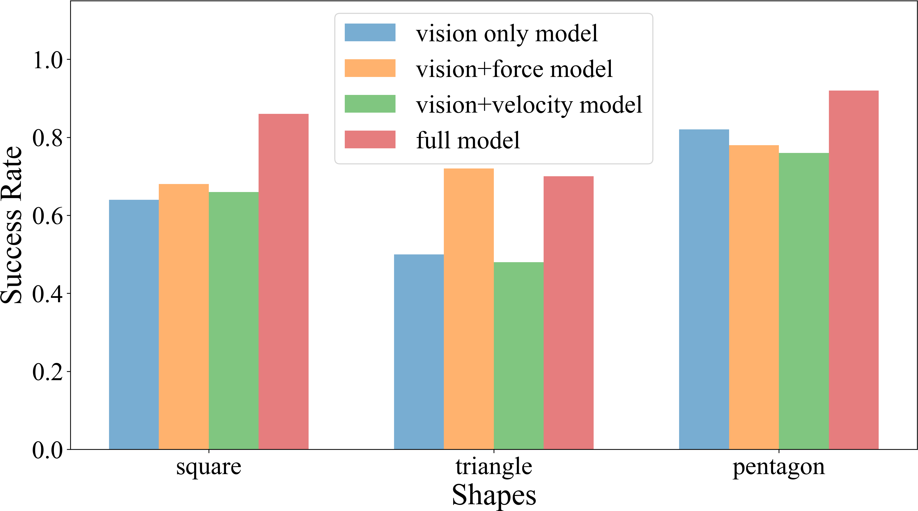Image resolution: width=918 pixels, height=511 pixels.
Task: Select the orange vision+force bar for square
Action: coord(184,317)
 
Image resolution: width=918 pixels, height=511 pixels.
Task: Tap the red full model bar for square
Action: coord(284,282)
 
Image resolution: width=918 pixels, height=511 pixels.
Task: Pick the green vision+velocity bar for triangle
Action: coord(519,356)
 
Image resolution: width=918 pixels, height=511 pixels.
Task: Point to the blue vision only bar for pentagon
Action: coord(704,289)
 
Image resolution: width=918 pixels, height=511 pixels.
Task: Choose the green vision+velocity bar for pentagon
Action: coord(804,301)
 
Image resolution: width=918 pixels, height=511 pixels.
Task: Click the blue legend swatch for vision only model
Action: coord(370,33)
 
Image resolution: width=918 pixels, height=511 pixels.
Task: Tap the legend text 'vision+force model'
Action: coord(514,69)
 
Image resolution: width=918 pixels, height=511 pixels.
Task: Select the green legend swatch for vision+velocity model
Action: coord(370,104)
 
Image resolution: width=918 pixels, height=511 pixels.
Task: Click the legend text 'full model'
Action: coord(468,140)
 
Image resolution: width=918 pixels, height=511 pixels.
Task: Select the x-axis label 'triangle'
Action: coord(494,467)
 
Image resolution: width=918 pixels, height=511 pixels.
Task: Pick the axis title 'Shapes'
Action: coord(494,495)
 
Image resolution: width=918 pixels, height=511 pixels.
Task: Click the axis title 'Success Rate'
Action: coord(11,225)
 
